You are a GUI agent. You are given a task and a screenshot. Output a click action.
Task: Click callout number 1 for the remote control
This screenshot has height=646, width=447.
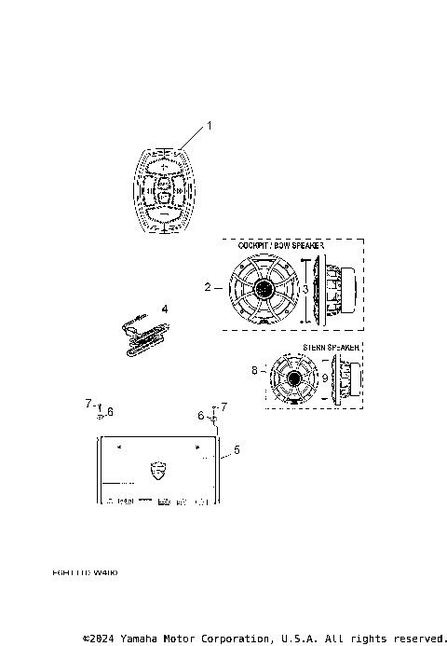point(210,125)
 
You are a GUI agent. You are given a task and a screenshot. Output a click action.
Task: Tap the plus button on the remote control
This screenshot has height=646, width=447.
point(163,167)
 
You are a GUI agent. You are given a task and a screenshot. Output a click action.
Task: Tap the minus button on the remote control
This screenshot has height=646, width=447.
point(163,215)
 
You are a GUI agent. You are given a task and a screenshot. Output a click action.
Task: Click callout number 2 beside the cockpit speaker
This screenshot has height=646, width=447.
point(208,287)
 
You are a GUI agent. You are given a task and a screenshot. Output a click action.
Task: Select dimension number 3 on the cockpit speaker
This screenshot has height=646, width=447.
point(305,289)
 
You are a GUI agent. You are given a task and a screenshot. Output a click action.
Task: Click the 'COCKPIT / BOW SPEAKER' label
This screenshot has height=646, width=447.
point(279,245)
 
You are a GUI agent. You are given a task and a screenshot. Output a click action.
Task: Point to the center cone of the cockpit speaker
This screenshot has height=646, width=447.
point(262,290)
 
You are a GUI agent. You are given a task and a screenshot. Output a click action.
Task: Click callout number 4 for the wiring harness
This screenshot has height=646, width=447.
point(164,308)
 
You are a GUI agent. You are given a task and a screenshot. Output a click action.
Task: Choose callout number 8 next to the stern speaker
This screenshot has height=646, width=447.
point(253,370)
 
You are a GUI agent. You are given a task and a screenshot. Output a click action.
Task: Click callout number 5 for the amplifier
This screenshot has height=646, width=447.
point(236,450)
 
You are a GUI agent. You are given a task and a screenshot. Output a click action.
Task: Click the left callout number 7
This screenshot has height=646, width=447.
point(88,404)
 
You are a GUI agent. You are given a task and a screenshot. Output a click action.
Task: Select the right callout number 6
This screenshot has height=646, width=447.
point(199,415)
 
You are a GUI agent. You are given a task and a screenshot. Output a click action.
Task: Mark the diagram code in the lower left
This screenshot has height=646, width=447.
point(86,573)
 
